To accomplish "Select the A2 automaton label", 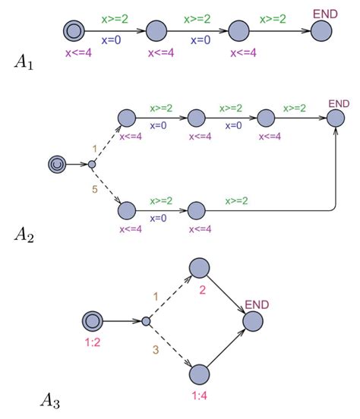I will coord(24,235).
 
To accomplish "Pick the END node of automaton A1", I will coord(321,31).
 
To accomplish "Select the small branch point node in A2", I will coord(91,164).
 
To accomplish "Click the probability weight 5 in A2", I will coord(94,189).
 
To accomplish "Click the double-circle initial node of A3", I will coord(93,321).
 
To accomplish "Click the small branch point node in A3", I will coord(146,321).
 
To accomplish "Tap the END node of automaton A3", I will coord(254,321).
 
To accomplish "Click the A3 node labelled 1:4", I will coord(199,375).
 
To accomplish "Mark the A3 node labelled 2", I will coord(199,268).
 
